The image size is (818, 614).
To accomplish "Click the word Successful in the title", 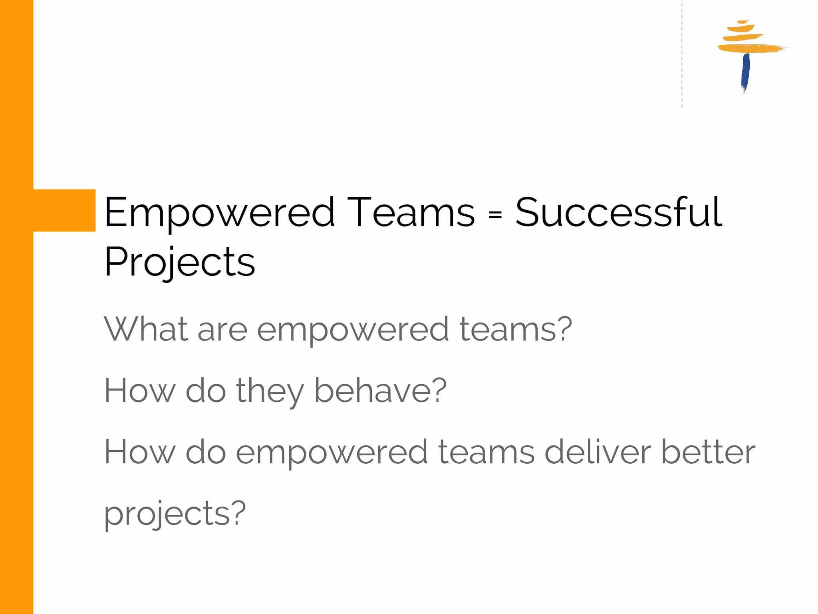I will (x=618, y=213).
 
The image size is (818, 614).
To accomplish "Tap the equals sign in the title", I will (x=495, y=215).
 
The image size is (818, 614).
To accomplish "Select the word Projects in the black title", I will (x=179, y=262).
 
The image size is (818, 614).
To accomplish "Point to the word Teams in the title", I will (x=411, y=213).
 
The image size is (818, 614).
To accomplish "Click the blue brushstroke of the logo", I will (x=745, y=72).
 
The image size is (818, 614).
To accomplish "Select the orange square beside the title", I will (x=64, y=210).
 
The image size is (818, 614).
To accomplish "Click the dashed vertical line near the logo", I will (x=682, y=56).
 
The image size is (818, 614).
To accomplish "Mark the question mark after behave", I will (x=439, y=390).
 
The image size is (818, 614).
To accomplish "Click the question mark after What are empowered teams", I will (x=564, y=329).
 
